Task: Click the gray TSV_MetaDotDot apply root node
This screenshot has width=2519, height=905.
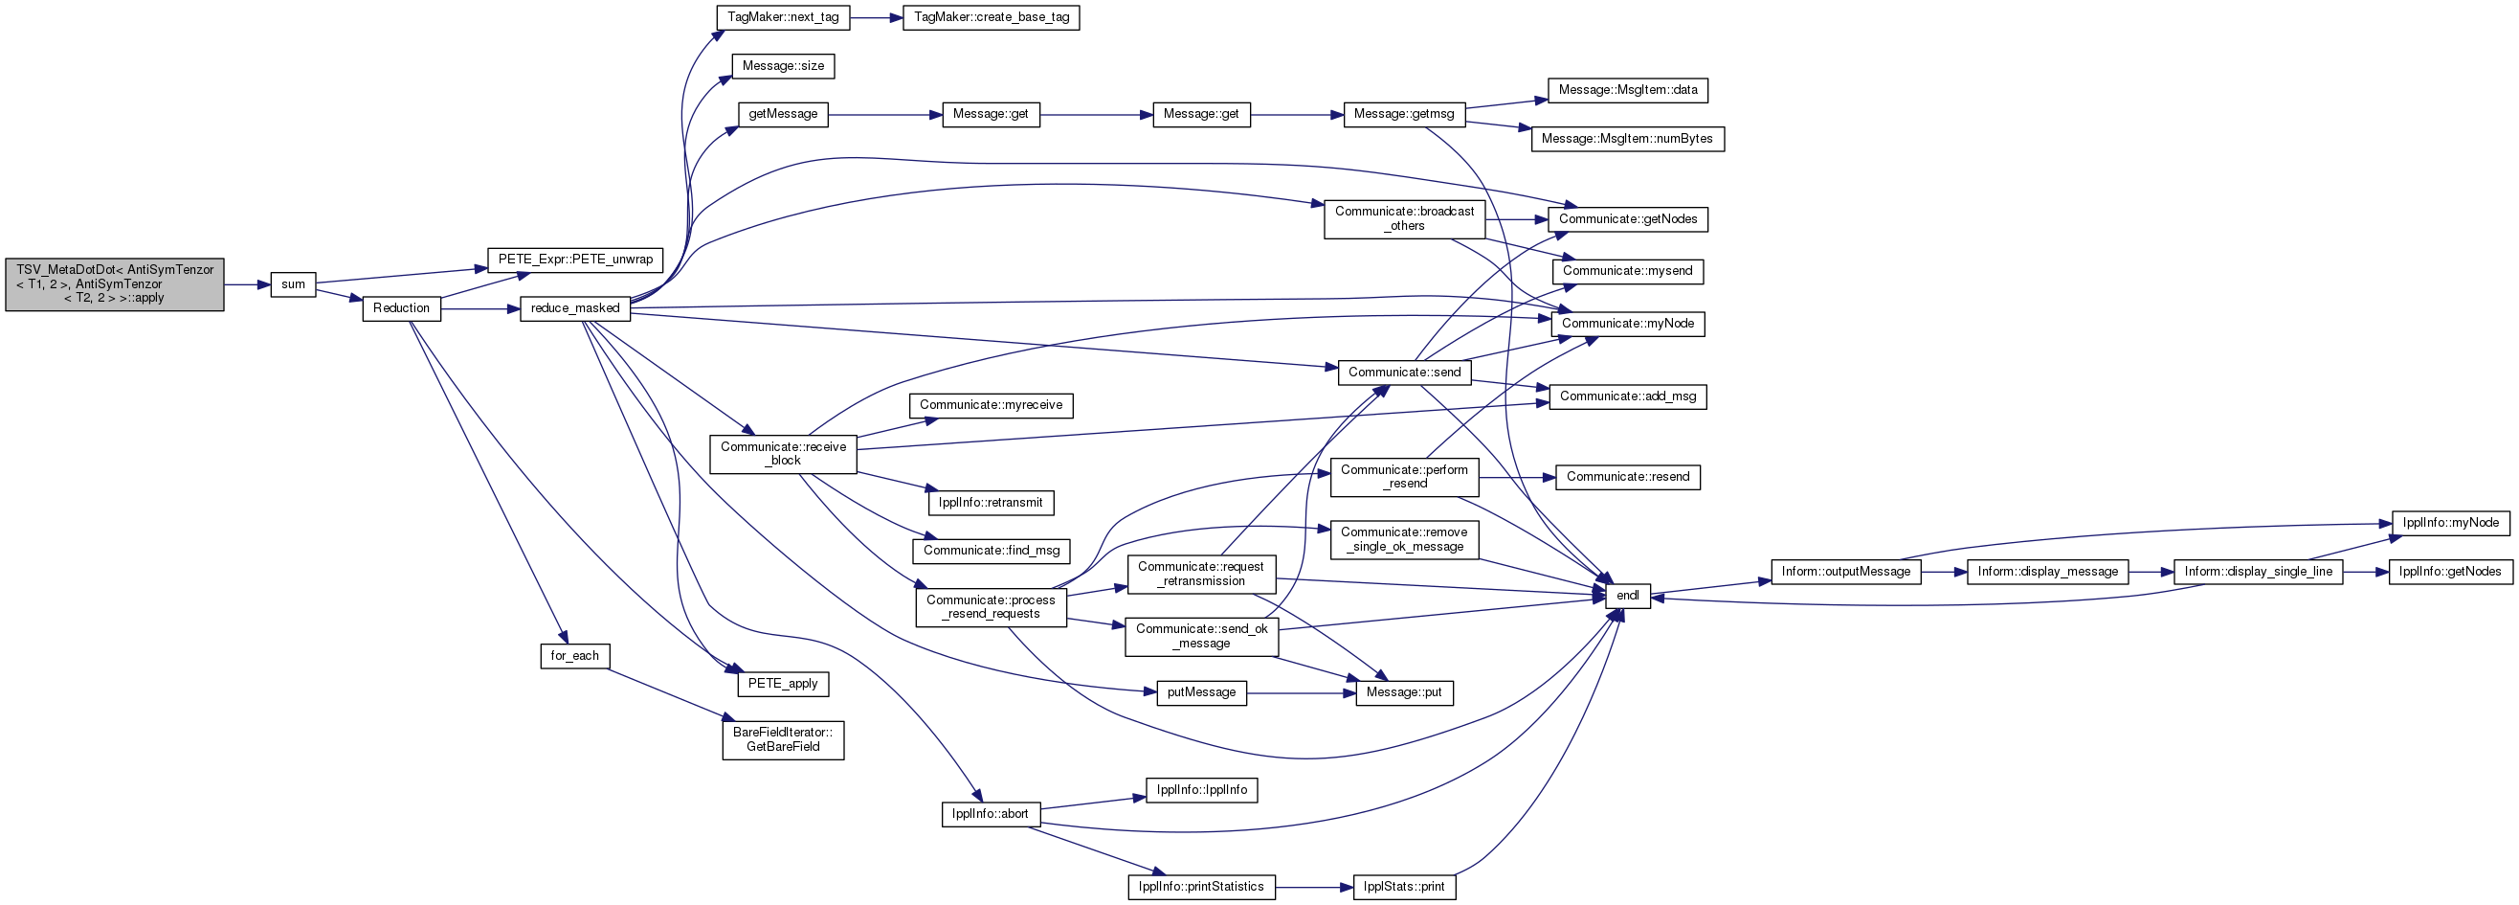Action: click(115, 284)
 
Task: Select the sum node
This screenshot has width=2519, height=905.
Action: click(294, 284)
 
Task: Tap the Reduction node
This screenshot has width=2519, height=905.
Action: click(401, 308)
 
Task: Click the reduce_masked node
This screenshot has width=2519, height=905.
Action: click(575, 308)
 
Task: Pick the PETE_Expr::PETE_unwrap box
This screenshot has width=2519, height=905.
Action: click(575, 260)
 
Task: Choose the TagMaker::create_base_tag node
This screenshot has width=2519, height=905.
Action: click(991, 17)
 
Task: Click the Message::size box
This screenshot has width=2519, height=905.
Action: click(783, 66)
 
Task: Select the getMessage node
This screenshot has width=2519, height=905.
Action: click(783, 115)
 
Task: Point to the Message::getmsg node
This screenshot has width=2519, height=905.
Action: click(1404, 115)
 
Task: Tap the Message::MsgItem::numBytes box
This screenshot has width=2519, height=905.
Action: click(1627, 139)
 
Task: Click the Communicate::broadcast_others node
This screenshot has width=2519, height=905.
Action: click(1404, 219)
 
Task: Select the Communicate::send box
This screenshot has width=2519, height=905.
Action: click(1404, 373)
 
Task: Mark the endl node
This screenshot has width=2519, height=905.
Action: click(1627, 596)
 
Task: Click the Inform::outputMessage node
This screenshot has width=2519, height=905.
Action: click(1845, 573)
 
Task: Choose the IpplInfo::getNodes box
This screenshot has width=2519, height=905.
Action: click(2449, 573)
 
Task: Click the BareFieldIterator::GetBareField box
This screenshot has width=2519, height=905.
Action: click(783, 739)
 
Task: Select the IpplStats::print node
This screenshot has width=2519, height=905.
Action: click(1404, 888)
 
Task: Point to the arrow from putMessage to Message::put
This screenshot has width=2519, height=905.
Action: click(1302, 693)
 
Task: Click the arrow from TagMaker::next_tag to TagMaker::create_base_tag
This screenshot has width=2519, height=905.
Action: click(876, 17)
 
